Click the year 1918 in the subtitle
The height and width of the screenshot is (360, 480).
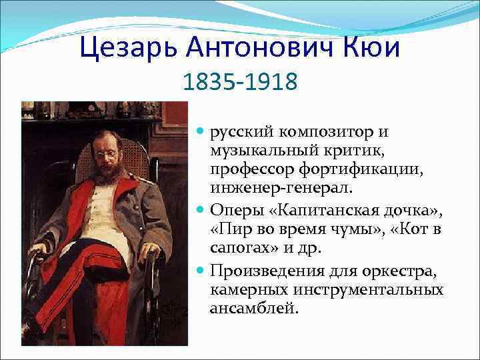tap(270, 83)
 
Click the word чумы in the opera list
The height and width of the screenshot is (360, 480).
tap(341, 231)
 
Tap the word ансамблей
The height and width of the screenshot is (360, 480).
tap(254, 309)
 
